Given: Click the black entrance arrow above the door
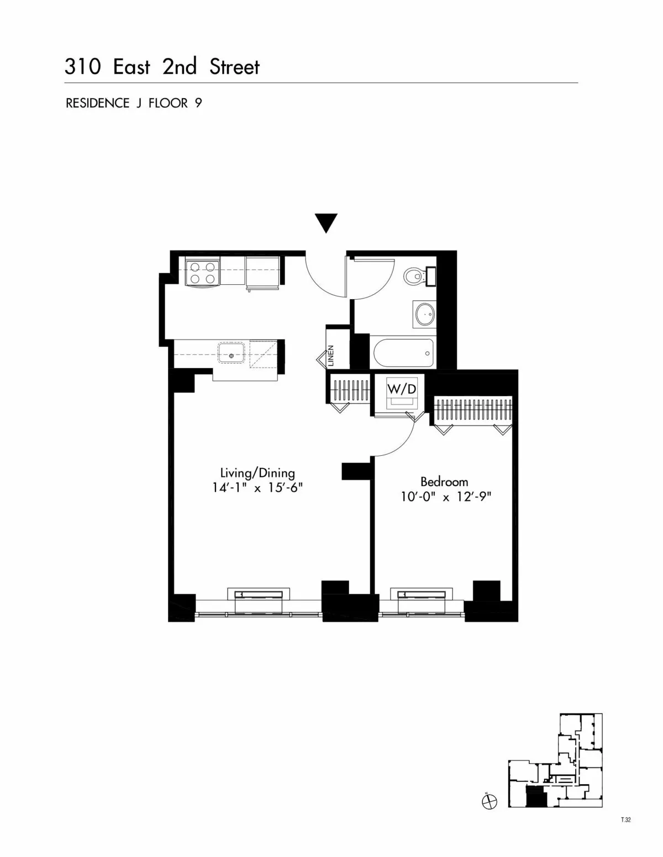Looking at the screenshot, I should [x=326, y=223].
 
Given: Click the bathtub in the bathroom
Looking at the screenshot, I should [x=404, y=353].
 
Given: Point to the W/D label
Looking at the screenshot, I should [x=402, y=388].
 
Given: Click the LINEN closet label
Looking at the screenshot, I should [x=331, y=356].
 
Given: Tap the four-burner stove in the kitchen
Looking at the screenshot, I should [x=202, y=272].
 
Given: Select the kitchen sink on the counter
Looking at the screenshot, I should [x=232, y=354].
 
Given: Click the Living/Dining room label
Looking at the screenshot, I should [x=257, y=473].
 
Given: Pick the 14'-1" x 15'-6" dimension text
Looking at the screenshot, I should [x=257, y=488].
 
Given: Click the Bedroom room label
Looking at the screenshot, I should [x=444, y=481].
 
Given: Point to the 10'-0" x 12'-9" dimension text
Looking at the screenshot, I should [x=446, y=497].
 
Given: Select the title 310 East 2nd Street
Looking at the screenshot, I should [x=162, y=67].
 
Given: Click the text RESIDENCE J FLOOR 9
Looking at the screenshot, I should [x=134, y=103].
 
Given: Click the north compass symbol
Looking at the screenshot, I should [x=489, y=802].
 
